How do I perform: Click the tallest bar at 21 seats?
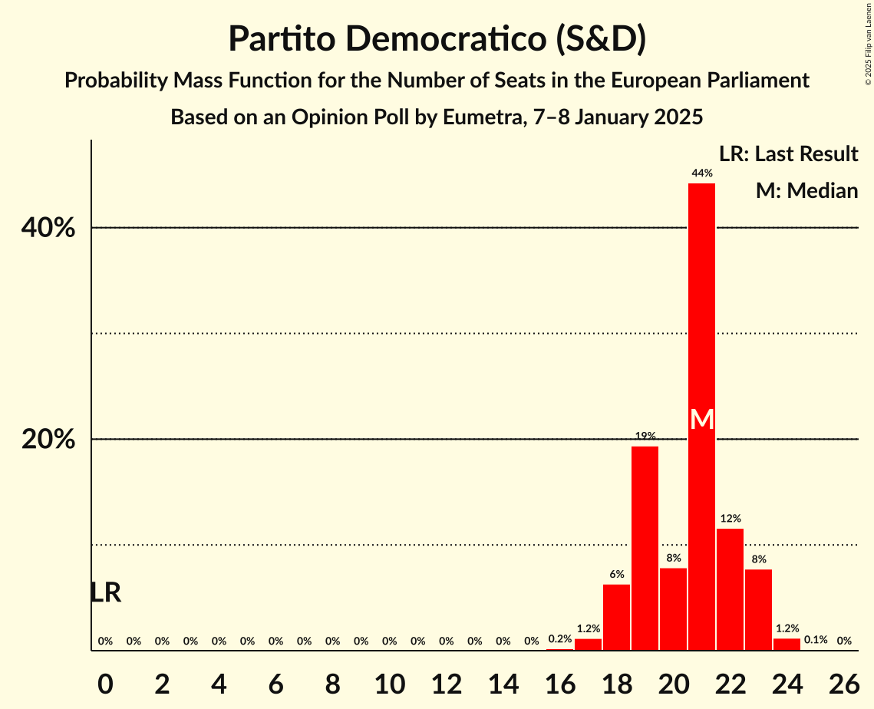click(701, 307)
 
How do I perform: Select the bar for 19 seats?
click(645, 548)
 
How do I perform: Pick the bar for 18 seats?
click(616, 617)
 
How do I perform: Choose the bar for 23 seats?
click(758, 609)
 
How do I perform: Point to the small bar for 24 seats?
click(787, 645)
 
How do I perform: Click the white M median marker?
click(701, 419)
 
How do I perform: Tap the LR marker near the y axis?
click(105, 592)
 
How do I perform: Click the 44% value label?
click(701, 173)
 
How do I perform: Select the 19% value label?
click(645, 436)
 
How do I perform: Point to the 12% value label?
click(730, 519)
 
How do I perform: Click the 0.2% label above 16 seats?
click(559, 639)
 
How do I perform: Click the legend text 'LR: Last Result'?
click(788, 154)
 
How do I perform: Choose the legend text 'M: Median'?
click(806, 190)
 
